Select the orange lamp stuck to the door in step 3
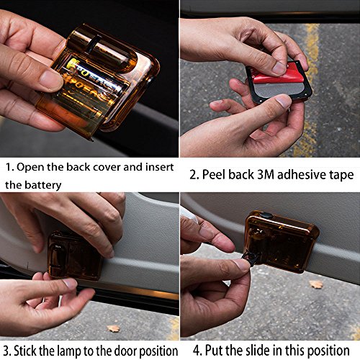click(75, 254)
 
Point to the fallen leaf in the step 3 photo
click(113, 328)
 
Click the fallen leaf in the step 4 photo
click(316, 284)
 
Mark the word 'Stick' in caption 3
click(31, 351)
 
